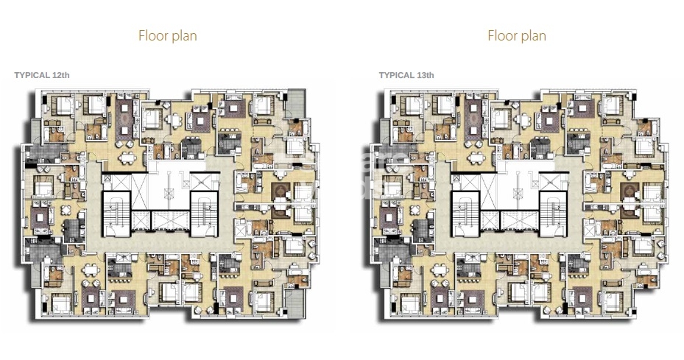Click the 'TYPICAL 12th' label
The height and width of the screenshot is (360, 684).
(x=42, y=75)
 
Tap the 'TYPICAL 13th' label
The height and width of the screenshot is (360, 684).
(x=406, y=75)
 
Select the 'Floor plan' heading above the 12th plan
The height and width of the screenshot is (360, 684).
(x=167, y=35)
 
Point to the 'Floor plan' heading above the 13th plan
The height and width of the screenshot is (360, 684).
(x=517, y=35)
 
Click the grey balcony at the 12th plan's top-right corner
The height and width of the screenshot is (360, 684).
(x=297, y=100)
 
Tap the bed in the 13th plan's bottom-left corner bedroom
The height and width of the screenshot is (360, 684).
(x=410, y=301)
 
